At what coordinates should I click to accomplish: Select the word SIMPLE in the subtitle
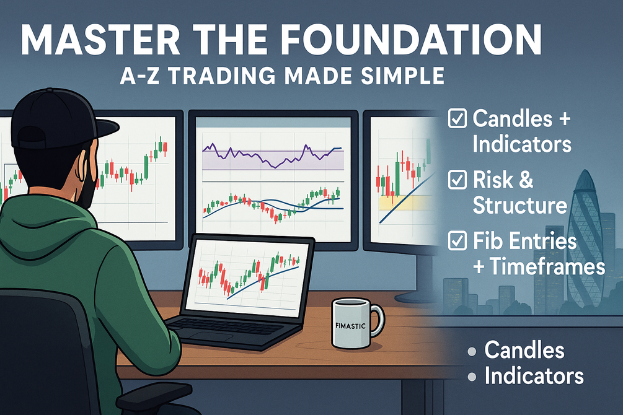pyautogui.click(x=402, y=76)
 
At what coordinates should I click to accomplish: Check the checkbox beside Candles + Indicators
pyautogui.click(x=457, y=118)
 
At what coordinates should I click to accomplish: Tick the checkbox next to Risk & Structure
pyautogui.click(x=457, y=180)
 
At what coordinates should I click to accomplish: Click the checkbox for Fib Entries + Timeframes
pyautogui.click(x=457, y=241)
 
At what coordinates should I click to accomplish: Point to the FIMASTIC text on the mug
pyautogui.click(x=350, y=326)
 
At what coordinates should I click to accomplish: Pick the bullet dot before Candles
pyautogui.click(x=472, y=351)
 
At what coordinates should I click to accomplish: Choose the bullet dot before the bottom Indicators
pyautogui.click(x=472, y=377)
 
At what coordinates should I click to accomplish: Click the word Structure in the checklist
pyautogui.click(x=519, y=205)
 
